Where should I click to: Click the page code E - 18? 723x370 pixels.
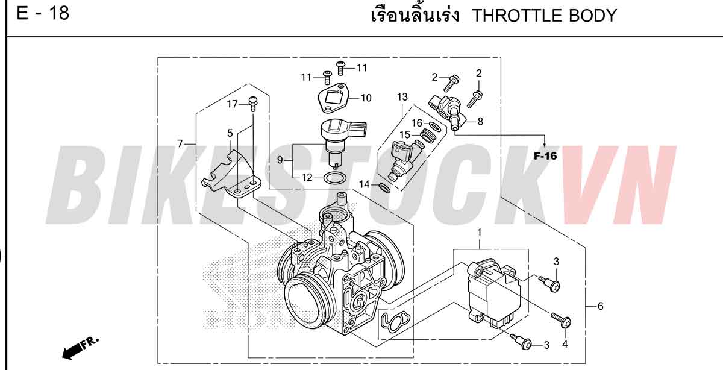pos(43,14)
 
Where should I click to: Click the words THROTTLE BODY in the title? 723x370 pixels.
pos(545,16)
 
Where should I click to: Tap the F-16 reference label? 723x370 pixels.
pos(545,156)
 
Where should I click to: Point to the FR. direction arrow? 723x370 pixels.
pos(81,348)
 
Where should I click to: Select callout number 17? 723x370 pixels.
pos(232,104)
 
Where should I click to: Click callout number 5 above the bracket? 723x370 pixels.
pos(230,133)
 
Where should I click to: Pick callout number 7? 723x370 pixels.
pos(180,143)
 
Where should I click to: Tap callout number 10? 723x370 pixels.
pos(366,98)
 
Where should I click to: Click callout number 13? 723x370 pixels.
pos(402,97)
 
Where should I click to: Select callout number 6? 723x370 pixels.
pos(600,306)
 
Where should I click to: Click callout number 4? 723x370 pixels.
pos(565,344)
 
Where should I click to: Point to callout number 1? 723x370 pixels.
pos(480,233)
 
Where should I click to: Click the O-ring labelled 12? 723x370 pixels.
pos(335,178)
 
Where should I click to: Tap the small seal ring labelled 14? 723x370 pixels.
pos(384,187)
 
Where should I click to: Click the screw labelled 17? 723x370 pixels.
pos(252,104)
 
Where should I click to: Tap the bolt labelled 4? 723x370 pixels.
pos(562,320)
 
